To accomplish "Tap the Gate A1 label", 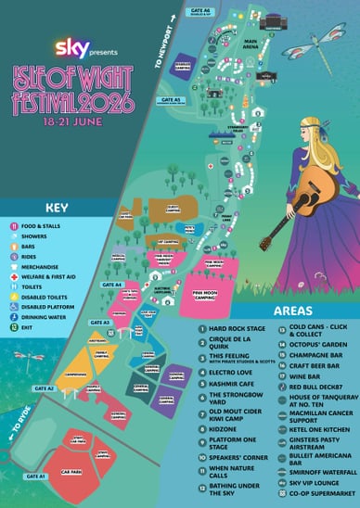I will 35,476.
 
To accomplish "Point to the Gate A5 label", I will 170,99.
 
